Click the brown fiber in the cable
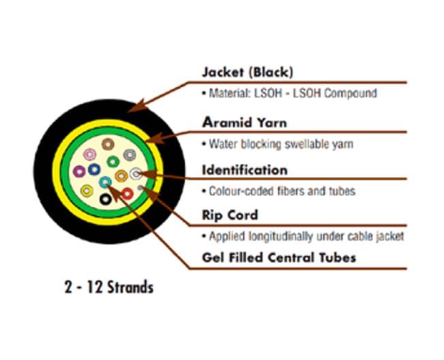click(x=108, y=144)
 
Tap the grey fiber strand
click(x=129, y=155)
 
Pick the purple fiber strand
click(x=79, y=171)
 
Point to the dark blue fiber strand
click(x=94, y=169)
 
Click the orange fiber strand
click(x=121, y=176)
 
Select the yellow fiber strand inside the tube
click(x=86, y=191)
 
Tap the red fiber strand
click(x=127, y=193)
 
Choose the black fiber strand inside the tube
click(x=106, y=199)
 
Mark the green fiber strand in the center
click(x=113, y=162)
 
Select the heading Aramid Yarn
click(x=244, y=123)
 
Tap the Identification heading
click(x=244, y=169)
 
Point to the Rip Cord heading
click(x=230, y=215)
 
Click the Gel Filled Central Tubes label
click(x=279, y=257)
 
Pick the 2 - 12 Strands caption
click(x=108, y=287)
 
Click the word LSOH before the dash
click(x=268, y=93)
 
